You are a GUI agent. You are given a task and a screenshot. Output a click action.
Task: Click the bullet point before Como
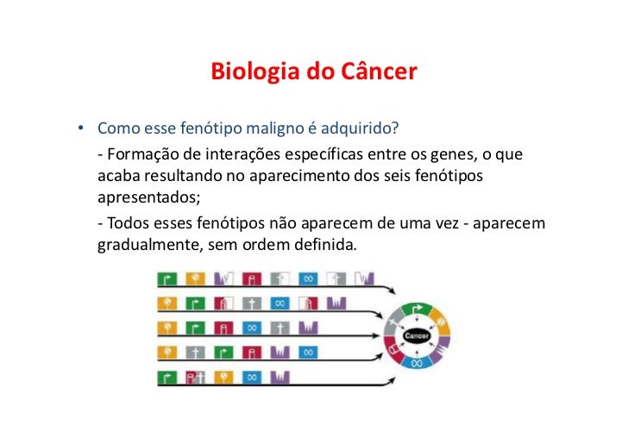[78, 130]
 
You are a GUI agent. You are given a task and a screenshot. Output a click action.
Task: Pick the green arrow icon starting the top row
[165, 279]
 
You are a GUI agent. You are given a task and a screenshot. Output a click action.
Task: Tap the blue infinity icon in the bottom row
[250, 377]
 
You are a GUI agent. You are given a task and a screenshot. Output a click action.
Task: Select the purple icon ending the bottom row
[279, 377]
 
